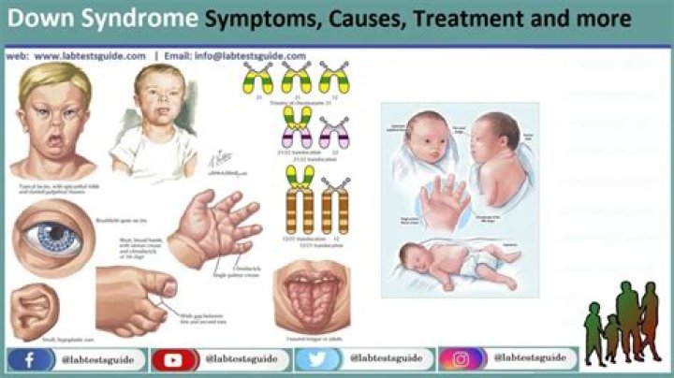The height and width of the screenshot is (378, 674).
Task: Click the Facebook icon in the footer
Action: tap(28, 359)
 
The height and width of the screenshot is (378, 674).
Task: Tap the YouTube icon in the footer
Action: tap(172, 359)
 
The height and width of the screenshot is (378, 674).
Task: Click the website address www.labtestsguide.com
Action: tap(90, 56)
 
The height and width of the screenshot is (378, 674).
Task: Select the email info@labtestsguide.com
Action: tap(250, 56)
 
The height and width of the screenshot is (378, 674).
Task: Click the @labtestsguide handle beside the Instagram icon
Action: tap(530, 359)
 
